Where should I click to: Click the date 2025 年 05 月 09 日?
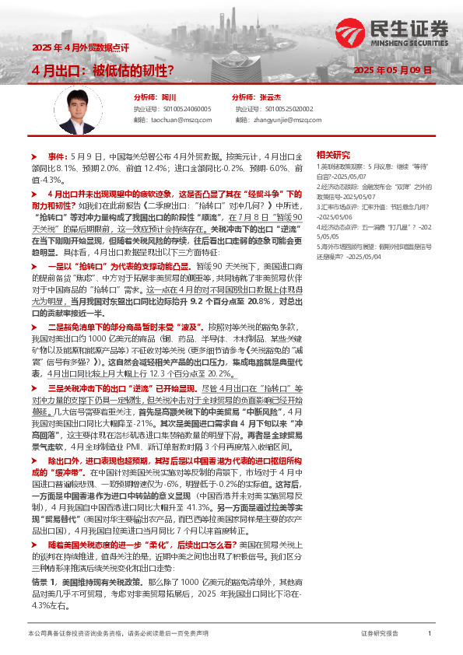coord(393,71)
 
